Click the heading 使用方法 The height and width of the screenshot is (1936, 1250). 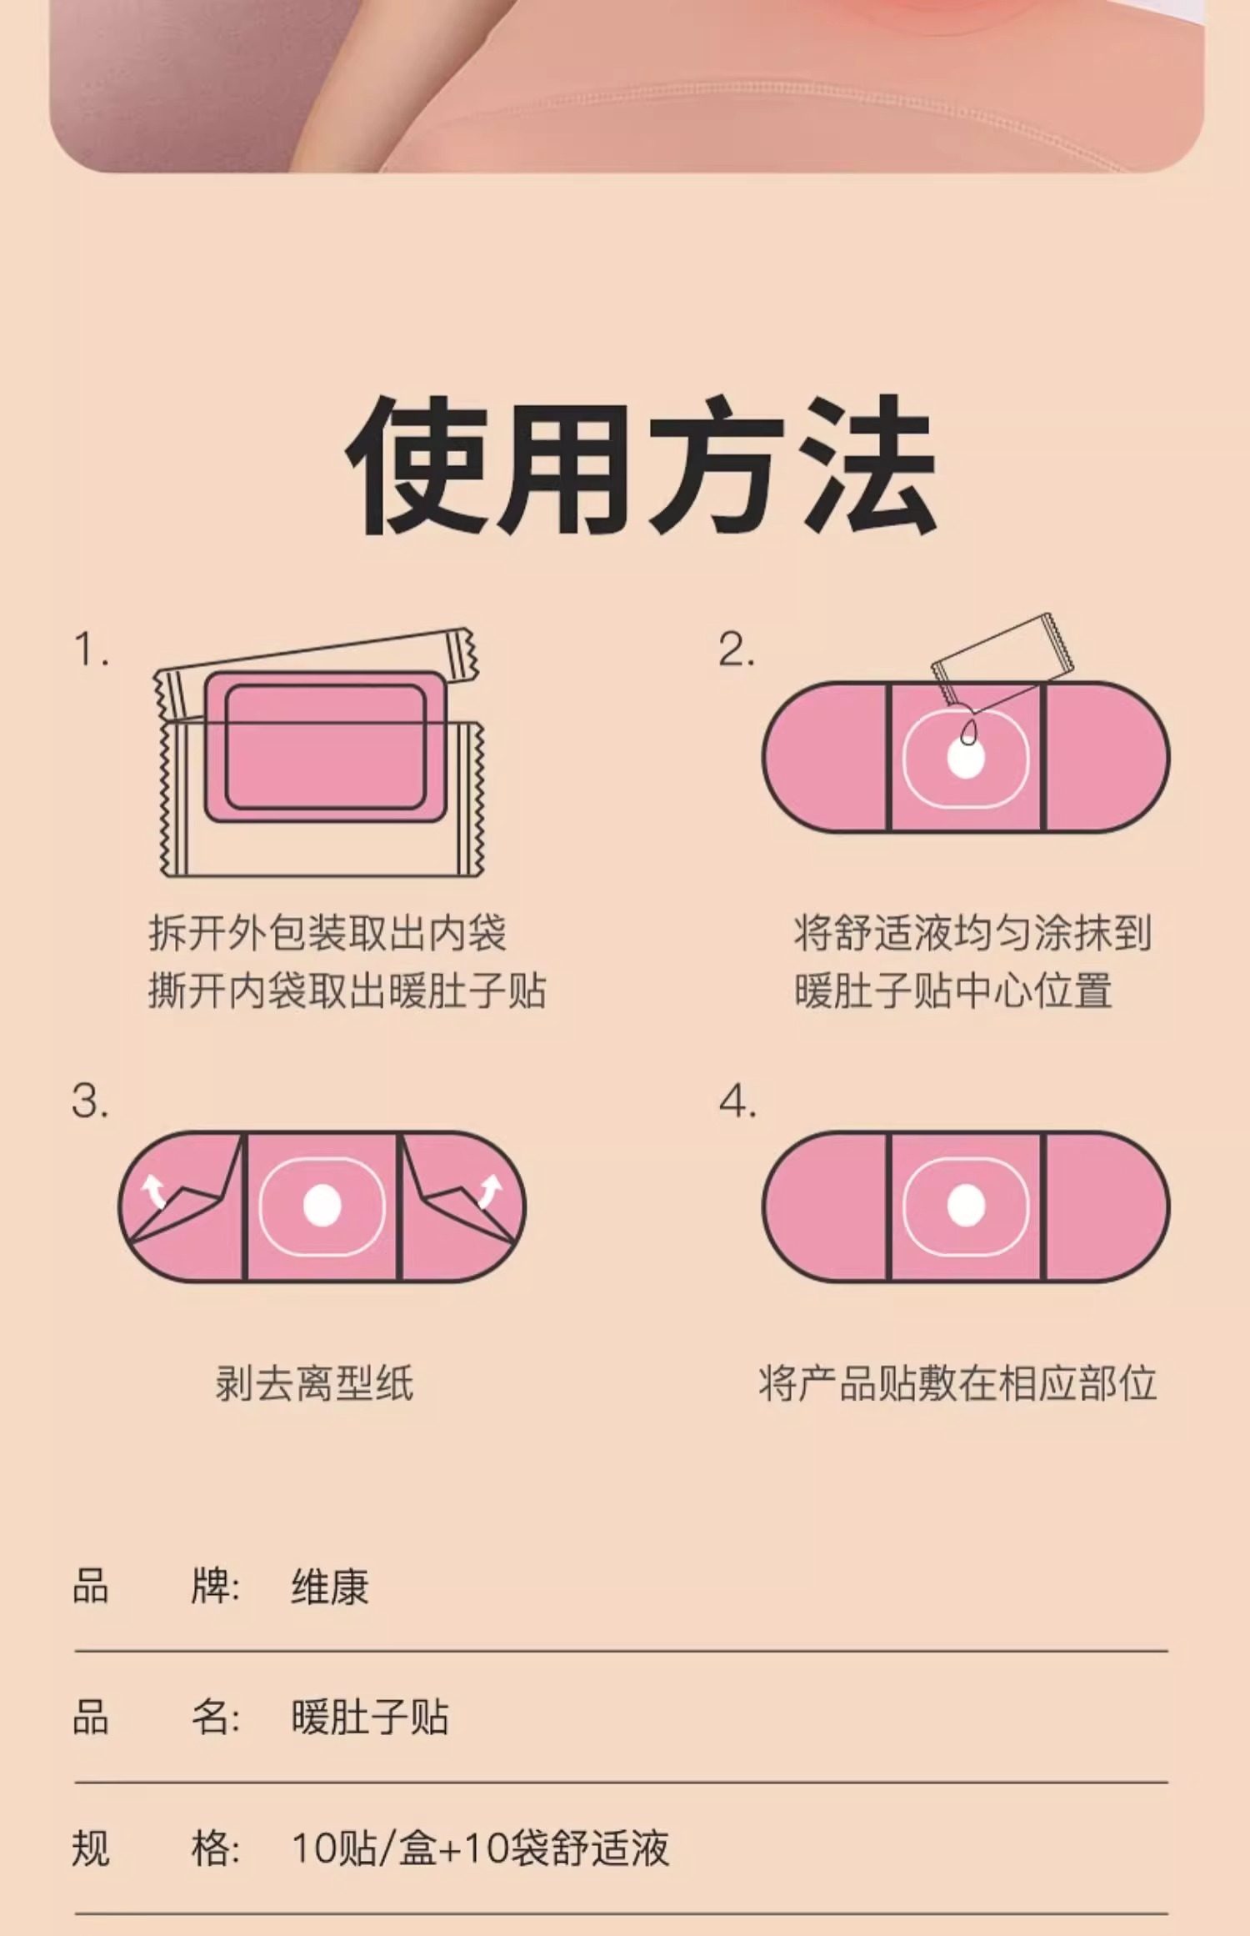click(x=642, y=466)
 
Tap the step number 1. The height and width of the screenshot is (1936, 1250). click(x=90, y=650)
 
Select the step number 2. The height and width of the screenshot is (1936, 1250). click(x=737, y=650)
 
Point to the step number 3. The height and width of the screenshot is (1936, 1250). click(x=90, y=1101)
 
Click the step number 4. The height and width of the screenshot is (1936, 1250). click(x=737, y=1101)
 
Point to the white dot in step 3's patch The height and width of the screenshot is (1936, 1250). click(x=322, y=1206)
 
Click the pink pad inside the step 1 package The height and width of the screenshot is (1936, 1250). click(x=326, y=747)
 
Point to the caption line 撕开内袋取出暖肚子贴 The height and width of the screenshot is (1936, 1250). click(x=347, y=991)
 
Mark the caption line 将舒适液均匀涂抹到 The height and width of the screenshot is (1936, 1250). click(x=972, y=933)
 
